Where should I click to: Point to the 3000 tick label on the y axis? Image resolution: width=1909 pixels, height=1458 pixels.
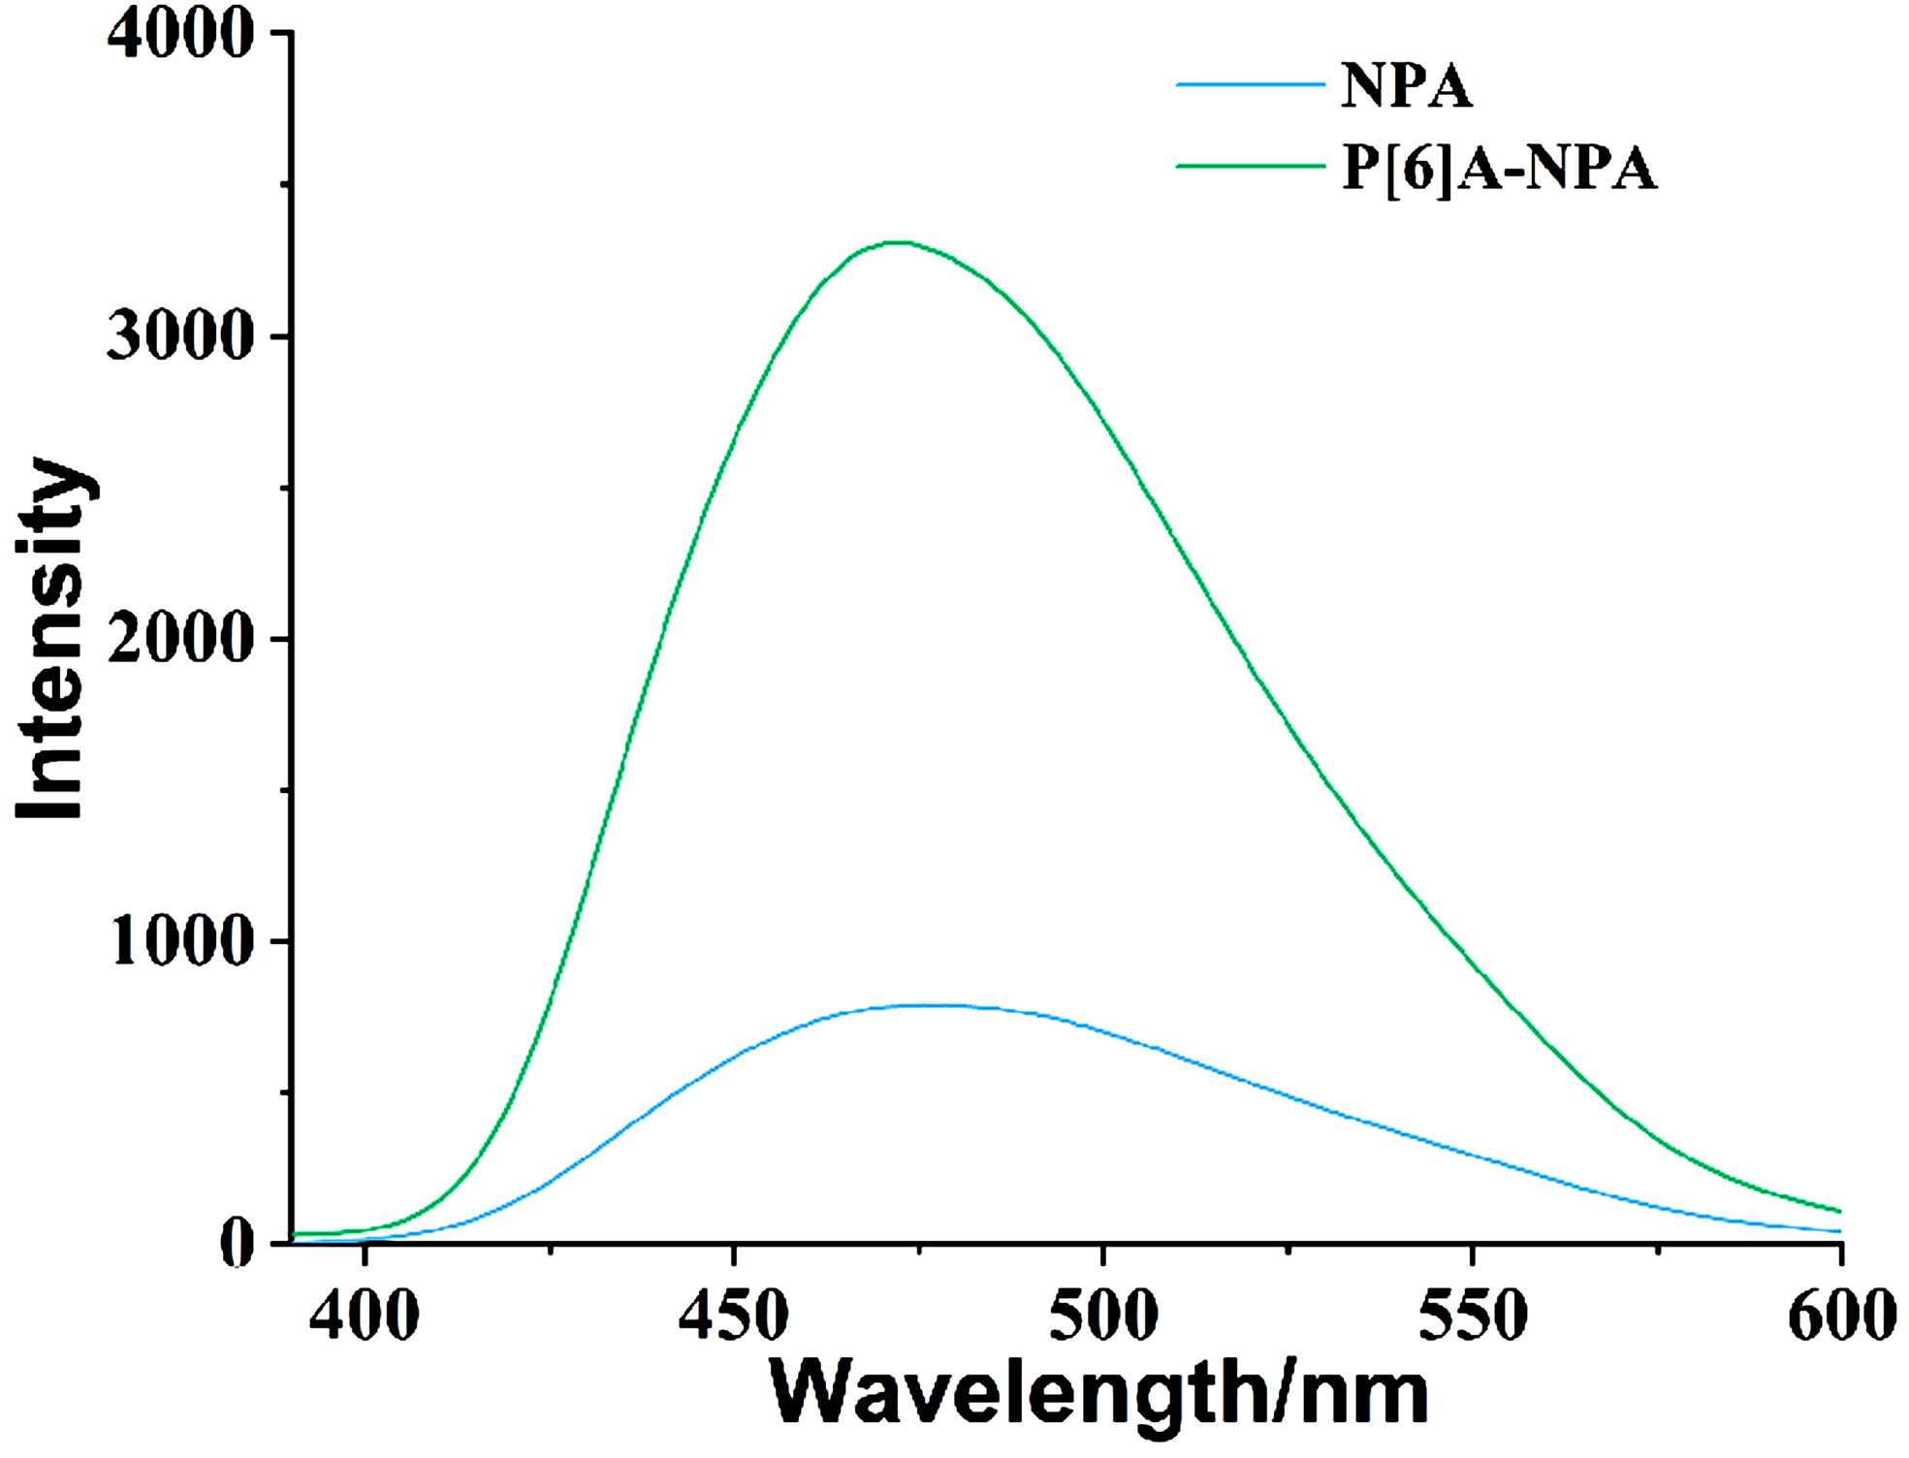coord(180,337)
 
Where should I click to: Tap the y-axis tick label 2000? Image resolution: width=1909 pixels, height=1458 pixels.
coord(180,640)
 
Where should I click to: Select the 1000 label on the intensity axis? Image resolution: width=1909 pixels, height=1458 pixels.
coord(180,941)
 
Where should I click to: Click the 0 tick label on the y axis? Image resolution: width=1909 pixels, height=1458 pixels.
coord(237,1244)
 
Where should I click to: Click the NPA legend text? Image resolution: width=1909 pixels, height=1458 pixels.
coord(1406,86)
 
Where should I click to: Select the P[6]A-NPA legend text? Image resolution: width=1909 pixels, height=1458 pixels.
coord(1499,168)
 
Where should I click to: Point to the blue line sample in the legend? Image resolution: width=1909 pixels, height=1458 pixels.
coord(1250,85)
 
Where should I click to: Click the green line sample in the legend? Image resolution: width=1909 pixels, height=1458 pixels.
coord(1250,166)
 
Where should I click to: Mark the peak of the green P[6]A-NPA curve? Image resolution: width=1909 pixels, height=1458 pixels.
coord(902,242)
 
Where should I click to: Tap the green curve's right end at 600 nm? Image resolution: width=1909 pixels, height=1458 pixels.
coord(1839,1211)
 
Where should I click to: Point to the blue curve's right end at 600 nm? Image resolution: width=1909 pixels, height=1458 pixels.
coord(1839,1231)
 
